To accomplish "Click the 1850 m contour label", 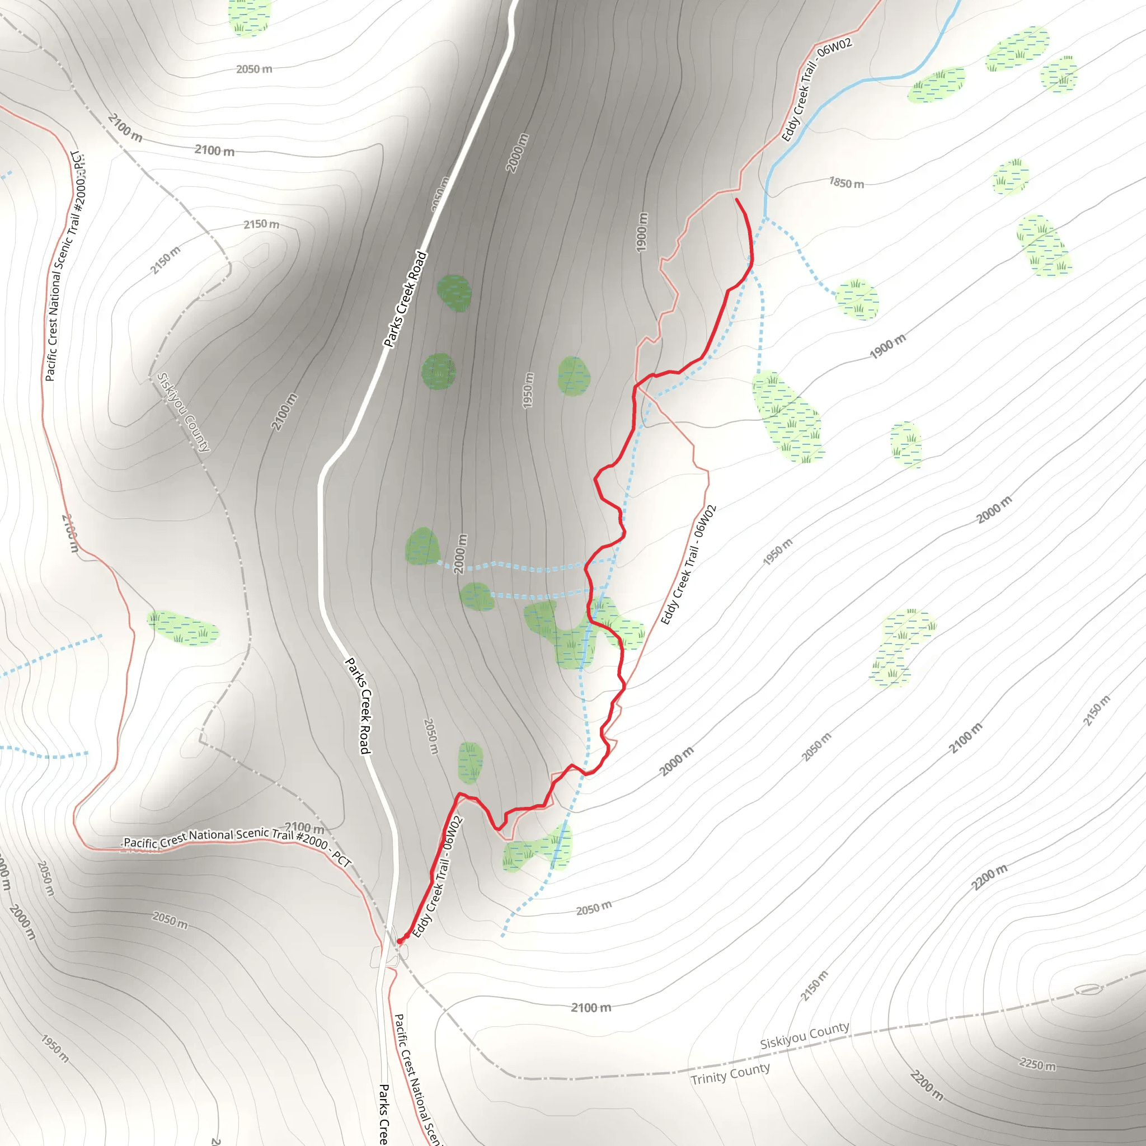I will coord(847,184).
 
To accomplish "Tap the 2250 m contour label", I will coord(1037,1064).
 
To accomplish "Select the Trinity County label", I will coord(730,1074).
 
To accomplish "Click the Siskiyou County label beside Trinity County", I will coord(804,1035).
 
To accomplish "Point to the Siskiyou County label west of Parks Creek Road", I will coord(184,412).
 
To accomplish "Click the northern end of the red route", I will coord(737,200).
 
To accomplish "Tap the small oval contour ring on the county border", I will coord(1088,989).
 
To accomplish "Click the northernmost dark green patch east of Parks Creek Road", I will coord(454,293).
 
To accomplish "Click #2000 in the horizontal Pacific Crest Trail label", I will coord(312,840).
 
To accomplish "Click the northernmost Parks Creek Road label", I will coord(405,299).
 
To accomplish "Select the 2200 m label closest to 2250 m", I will coord(927,1085).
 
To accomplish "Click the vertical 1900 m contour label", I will coord(642,232).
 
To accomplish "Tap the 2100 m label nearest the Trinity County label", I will coord(591,1008).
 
